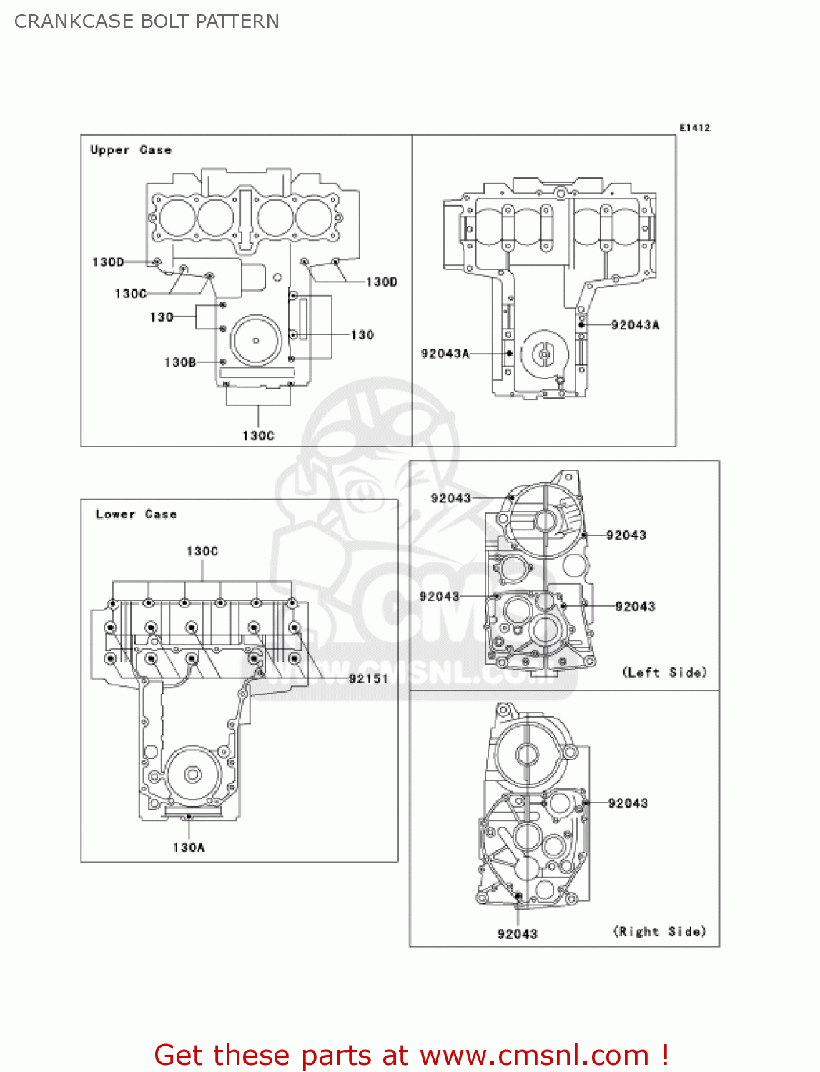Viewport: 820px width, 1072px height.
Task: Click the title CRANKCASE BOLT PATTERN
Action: tap(147, 21)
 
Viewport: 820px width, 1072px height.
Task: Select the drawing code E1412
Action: tap(694, 128)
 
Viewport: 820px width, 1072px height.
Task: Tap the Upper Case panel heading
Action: tap(131, 149)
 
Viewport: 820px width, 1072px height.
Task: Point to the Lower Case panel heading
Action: tap(136, 514)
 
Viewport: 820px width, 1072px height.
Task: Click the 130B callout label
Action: tap(179, 362)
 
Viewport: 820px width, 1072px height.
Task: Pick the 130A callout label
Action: tap(189, 847)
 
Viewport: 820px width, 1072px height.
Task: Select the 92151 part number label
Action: tap(368, 678)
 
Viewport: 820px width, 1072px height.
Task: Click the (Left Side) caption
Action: tap(664, 672)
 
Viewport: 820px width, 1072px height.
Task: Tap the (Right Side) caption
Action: tap(659, 931)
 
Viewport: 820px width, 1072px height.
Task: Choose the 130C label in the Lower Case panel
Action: tap(202, 551)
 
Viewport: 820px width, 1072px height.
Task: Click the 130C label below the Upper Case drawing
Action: tap(258, 435)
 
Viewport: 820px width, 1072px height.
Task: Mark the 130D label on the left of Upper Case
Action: tap(108, 262)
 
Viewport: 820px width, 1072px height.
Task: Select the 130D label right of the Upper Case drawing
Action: tap(382, 282)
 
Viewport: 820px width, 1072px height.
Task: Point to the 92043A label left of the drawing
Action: tap(445, 353)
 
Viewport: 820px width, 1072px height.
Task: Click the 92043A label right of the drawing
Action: tap(636, 324)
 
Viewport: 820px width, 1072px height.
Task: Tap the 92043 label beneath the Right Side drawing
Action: tap(518, 934)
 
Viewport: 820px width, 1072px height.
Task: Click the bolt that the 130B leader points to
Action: tap(223, 362)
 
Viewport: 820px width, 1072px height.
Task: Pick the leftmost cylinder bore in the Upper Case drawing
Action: tap(176, 217)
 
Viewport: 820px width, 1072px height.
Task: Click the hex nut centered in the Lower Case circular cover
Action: tap(192, 774)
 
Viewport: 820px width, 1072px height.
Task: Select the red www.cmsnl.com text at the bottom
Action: tap(534, 1055)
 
